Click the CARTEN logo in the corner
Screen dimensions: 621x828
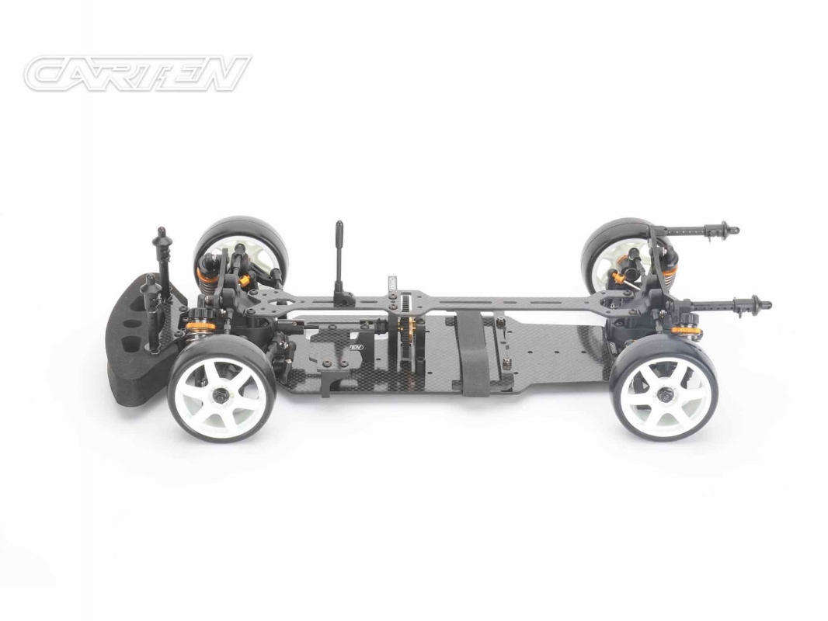(137, 74)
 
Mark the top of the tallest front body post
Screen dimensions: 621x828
(162, 232)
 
